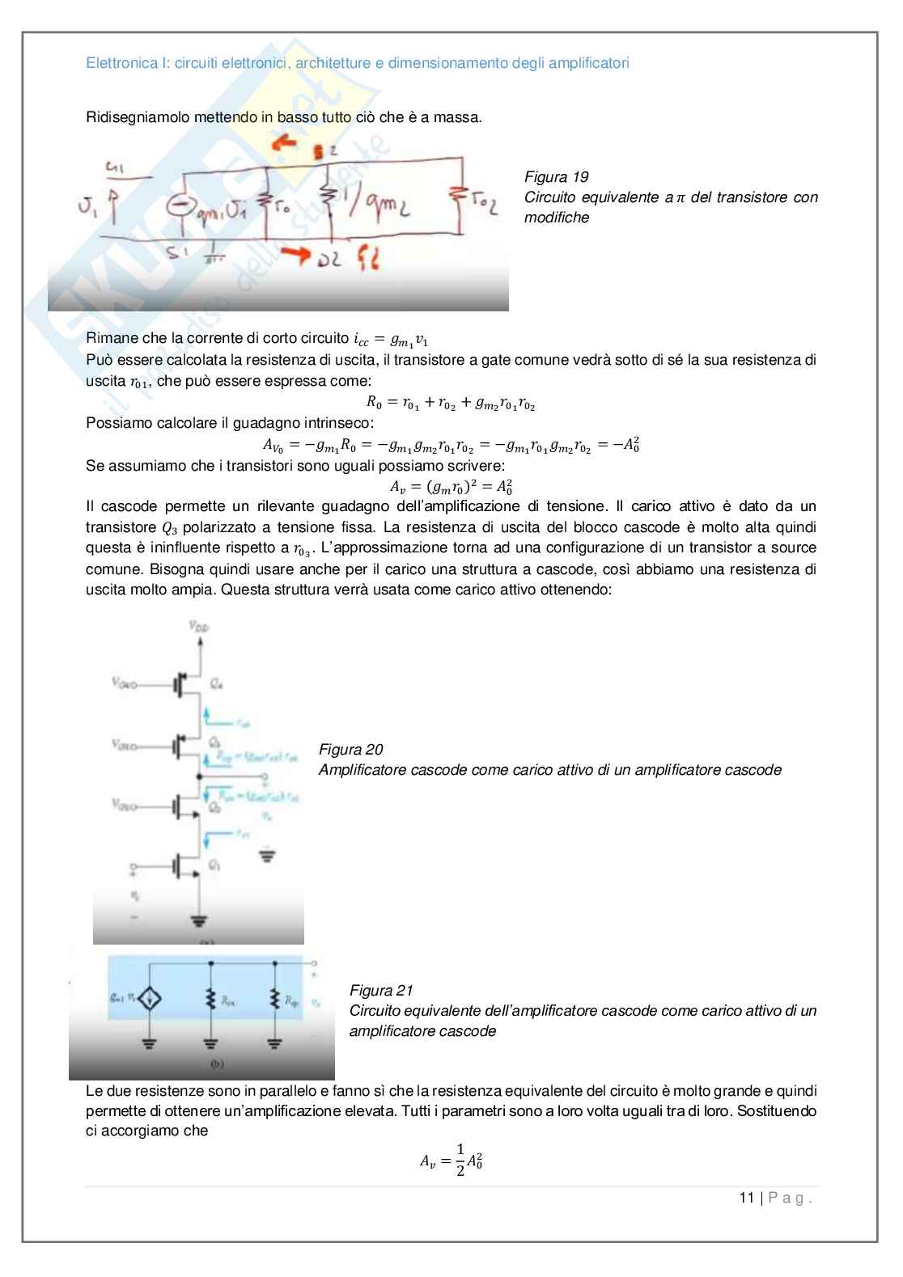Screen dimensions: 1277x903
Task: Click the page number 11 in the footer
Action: click(x=746, y=1198)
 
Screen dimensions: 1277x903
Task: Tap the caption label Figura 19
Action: click(x=556, y=177)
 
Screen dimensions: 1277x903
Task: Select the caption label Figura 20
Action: click(x=350, y=750)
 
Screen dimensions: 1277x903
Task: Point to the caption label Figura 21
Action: click(x=381, y=991)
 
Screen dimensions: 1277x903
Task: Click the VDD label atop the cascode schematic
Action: click(x=197, y=625)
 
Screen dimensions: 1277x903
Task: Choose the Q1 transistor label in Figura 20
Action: click(x=214, y=865)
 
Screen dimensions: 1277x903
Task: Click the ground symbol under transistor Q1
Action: click(x=197, y=920)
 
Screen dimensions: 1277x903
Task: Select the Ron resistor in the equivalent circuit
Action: click(x=210, y=1000)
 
